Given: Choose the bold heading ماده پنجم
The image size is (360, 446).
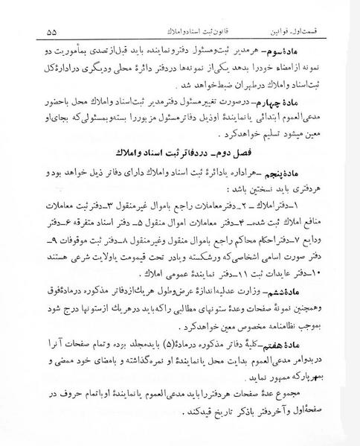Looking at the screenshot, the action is (x=311, y=191).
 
